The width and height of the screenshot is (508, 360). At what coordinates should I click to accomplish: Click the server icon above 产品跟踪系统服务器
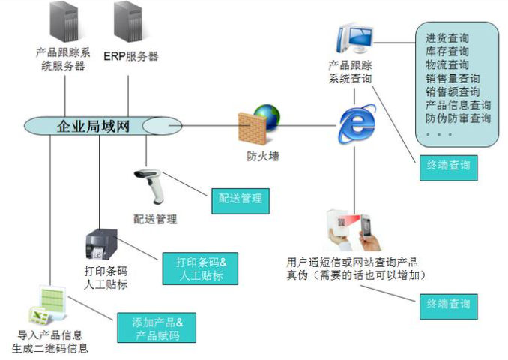click(64, 22)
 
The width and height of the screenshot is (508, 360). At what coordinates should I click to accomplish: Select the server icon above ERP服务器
click(128, 22)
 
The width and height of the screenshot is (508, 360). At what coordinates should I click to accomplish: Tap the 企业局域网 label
click(93, 126)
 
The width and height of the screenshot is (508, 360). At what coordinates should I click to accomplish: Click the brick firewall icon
click(252, 128)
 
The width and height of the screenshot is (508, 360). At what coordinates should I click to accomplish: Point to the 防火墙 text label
click(263, 157)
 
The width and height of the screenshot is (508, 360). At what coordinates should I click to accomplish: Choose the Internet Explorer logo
click(357, 124)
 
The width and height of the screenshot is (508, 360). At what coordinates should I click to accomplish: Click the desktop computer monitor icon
click(354, 39)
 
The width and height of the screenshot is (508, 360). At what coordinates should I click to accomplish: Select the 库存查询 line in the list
click(447, 52)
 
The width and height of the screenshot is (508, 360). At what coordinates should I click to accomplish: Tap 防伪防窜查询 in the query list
click(458, 118)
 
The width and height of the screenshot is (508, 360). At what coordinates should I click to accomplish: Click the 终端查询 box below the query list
click(448, 168)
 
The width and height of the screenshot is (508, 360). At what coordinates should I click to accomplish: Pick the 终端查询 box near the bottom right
click(448, 307)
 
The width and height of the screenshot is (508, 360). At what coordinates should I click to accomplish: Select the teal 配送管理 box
click(241, 201)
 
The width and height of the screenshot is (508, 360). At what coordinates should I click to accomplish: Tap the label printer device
click(101, 244)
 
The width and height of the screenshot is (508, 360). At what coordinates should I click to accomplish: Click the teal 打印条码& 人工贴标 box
click(200, 268)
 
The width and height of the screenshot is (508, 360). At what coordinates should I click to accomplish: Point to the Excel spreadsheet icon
click(48, 304)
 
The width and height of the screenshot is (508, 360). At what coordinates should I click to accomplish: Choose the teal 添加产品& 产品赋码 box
click(157, 327)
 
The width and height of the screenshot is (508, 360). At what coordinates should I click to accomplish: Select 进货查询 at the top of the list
click(447, 38)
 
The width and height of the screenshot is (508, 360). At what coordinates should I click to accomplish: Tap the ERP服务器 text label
click(131, 56)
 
